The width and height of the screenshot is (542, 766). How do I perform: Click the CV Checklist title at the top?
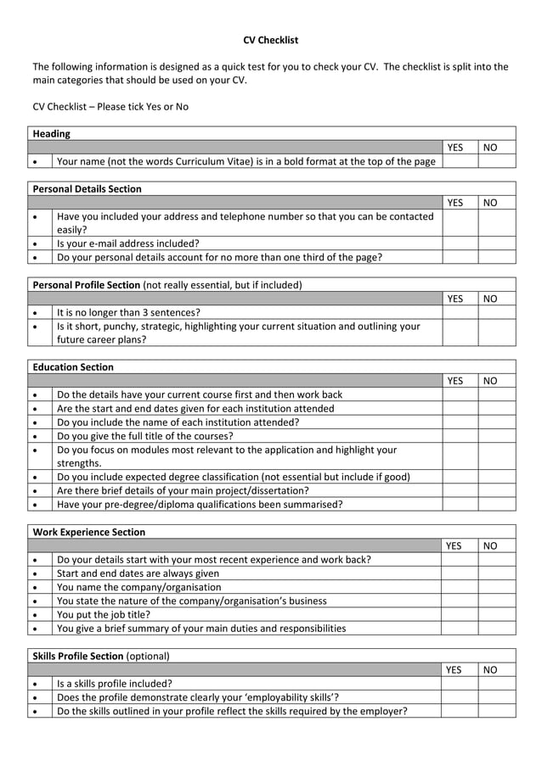point(270,40)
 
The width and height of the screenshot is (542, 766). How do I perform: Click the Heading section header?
point(51,133)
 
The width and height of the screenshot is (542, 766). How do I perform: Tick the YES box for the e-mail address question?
point(459,243)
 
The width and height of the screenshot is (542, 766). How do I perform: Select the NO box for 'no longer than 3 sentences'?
point(496,312)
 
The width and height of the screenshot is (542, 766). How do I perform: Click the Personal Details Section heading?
point(87,188)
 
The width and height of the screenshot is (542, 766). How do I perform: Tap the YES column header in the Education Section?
point(454,381)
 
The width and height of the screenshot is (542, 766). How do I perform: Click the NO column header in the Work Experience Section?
point(490,546)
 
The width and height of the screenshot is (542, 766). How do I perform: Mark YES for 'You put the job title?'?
point(459,615)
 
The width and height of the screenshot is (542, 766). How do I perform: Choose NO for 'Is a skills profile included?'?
point(496,683)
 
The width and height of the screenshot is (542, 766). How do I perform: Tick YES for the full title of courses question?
point(459,436)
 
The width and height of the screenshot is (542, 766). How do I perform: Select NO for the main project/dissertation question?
point(496,490)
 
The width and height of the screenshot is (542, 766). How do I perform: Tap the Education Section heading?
point(72,367)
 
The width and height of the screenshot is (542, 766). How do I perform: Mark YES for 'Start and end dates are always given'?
point(459,573)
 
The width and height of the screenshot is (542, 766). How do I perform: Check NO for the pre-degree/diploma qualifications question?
point(496,504)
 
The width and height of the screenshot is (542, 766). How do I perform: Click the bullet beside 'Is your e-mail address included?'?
point(35,243)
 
